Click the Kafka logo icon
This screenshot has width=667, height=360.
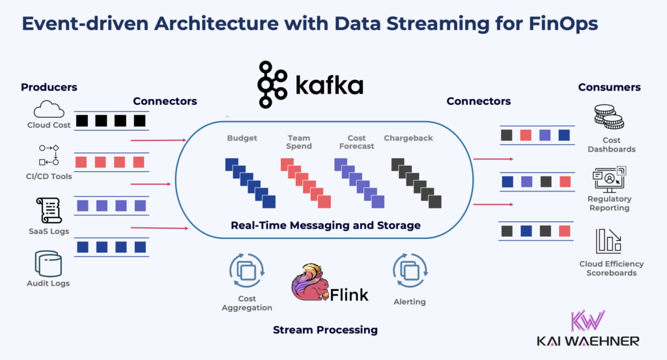coord(272,85)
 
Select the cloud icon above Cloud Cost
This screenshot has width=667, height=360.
coord(49,109)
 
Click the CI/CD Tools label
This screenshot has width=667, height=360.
coord(50,176)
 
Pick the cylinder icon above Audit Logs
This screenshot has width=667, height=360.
coord(49,264)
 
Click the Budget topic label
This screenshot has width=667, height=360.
coord(242,138)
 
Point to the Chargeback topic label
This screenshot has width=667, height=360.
coord(408,138)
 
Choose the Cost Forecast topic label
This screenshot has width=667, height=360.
coord(356,142)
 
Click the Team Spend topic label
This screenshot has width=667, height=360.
coord(299,142)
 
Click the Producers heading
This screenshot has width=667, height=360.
coord(49,87)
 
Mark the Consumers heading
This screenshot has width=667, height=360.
coord(609,87)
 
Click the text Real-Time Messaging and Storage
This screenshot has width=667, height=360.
coord(326,225)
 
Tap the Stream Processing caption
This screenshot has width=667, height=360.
coord(325,330)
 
